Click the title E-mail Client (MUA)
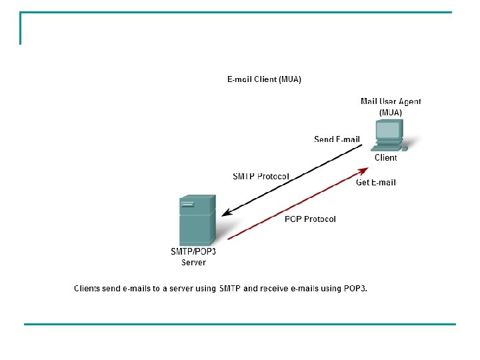coord(264,79)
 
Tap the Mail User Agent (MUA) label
coord(391,107)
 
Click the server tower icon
coord(197,220)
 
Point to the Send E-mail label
coord(337,139)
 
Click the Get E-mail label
coord(376,182)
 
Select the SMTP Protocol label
coord(261,177)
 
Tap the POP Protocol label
coord(310,219)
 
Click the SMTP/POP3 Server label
coord(194,257)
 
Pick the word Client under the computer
coord(385,158)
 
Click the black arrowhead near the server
coord(227,213)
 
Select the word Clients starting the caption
coord(87,289)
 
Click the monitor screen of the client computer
coord(389,129)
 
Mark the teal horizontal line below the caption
coord(240,325)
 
